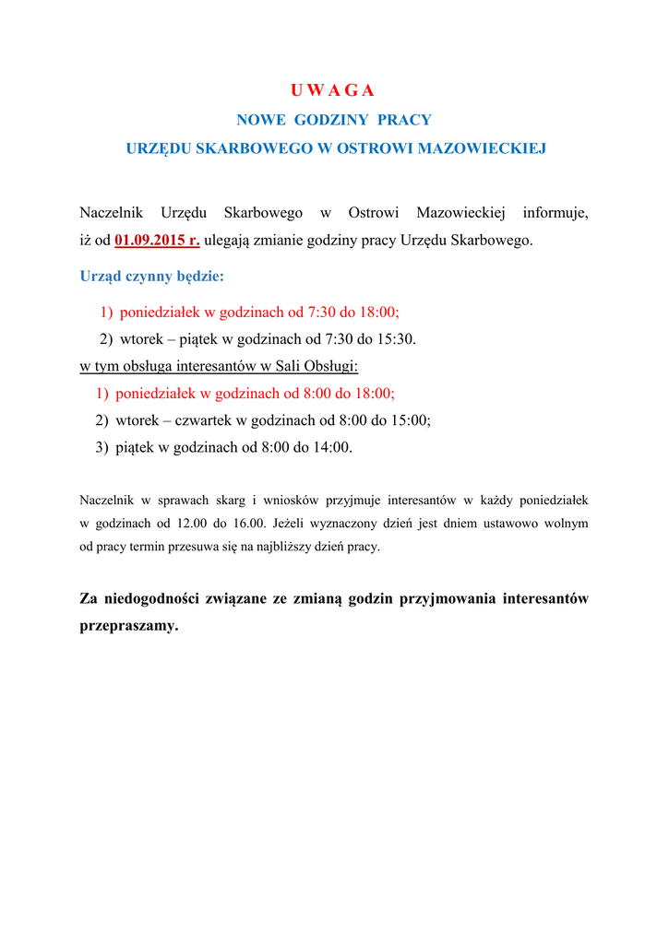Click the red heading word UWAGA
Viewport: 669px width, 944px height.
[x=332, y=90]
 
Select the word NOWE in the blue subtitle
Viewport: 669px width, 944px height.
[x=261, y=120]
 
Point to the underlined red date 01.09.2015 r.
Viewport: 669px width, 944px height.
[x=157, y=242]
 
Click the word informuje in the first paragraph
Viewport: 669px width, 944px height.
[x=555, y=213]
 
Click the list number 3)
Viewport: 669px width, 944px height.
[x=102, y=448]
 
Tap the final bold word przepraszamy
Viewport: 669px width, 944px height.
[x=129, y=626]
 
